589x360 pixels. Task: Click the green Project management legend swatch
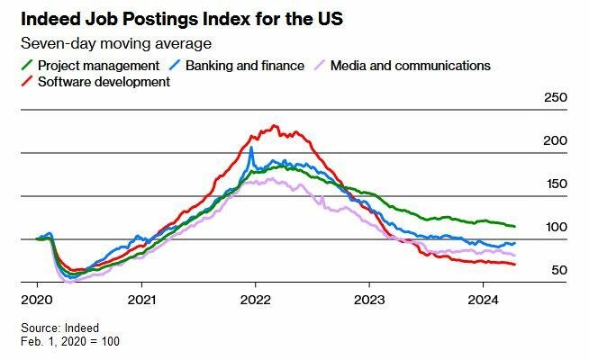click(27, 65)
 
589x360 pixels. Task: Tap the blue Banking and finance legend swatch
click(177, 65)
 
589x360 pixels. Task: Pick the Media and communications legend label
click(411, 66)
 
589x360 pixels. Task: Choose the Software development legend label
click(104, 82)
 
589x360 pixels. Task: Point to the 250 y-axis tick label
click(557, 98)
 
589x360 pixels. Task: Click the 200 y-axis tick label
click(557, 141)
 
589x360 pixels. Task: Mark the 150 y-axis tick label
click(557, 184)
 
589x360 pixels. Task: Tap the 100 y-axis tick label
click(557, 228)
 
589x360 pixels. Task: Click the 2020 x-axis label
click(36, 298)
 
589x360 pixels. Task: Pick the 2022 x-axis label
click(256, 298)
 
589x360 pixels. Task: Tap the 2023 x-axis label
click(370, 298)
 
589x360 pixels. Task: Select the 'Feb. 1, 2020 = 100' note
click(70, 341)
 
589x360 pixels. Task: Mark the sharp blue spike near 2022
click(250, 148)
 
